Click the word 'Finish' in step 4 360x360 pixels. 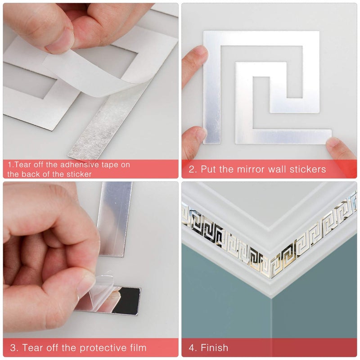[x=215, y=348]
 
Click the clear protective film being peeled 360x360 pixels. [x=101, y=288]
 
